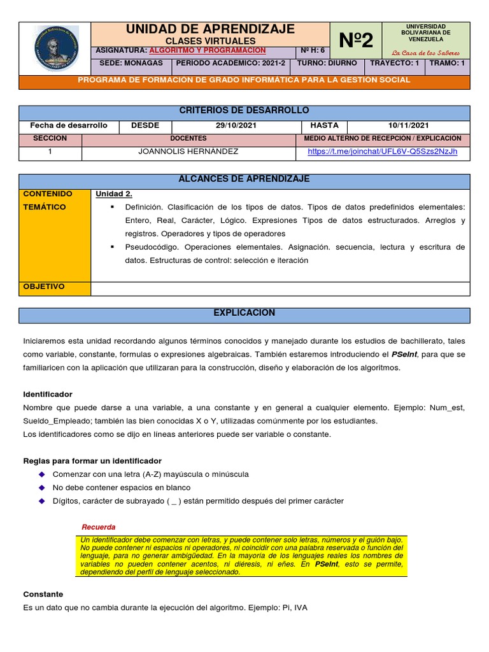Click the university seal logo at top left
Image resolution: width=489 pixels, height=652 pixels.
pyautogui.click(x=55, y=49)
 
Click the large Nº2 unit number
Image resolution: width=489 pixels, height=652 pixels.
pyautogui.click(x=355, y=41)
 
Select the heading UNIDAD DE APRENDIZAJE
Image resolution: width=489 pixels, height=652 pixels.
pyautogui.click(x=210, y=29)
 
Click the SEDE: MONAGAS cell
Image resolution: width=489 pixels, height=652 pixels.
pyautogui.click(x=131, y=64)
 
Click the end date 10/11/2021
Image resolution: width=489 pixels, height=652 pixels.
pyautogui.click(x=408, y=125)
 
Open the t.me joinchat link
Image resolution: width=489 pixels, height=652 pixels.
pyautogui.click(x=382, y=152)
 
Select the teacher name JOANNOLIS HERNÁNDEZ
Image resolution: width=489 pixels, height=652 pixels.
pyautogui.click(x=189, y=152)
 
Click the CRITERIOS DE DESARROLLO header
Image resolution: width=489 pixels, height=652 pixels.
pyautogui.click(x=244, y=111)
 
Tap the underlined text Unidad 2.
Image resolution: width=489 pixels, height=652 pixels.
pyautogui.click(x=114, y=194)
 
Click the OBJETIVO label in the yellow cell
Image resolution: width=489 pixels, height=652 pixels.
pyautogui.click(x=44, y=287)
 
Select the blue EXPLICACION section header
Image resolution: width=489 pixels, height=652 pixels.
pyautogui.click(x=244, y=313)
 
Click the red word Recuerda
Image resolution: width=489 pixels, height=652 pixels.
pyautogui.click(x=99, y=527)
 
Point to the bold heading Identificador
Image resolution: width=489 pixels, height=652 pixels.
pyautogui.click(x=48, y=394)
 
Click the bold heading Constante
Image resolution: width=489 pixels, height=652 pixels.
pyautogui.click(x=43, y=593)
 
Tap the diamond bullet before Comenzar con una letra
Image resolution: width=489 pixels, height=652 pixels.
pyautogui.click(x=42, y=474)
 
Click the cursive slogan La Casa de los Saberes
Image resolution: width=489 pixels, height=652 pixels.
pyautogui.click(x=425, y=53)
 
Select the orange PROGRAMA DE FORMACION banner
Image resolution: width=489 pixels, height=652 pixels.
pyautogui.click(x=244, y=80)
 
